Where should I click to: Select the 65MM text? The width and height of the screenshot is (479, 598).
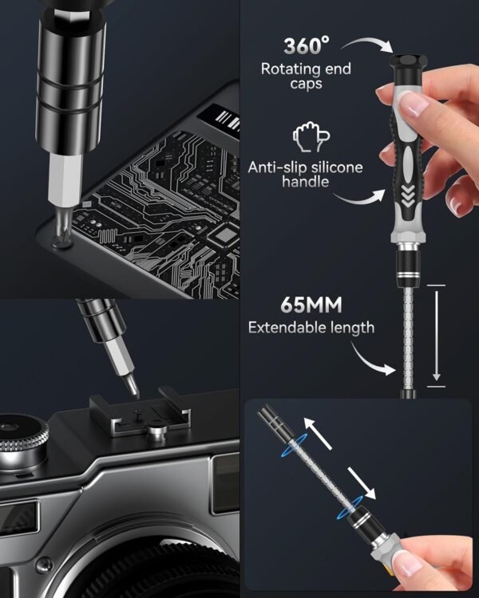point(312,305)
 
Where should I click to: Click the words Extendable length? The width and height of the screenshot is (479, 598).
point(311,327)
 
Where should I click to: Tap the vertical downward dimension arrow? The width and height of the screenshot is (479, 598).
point(436,335)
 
